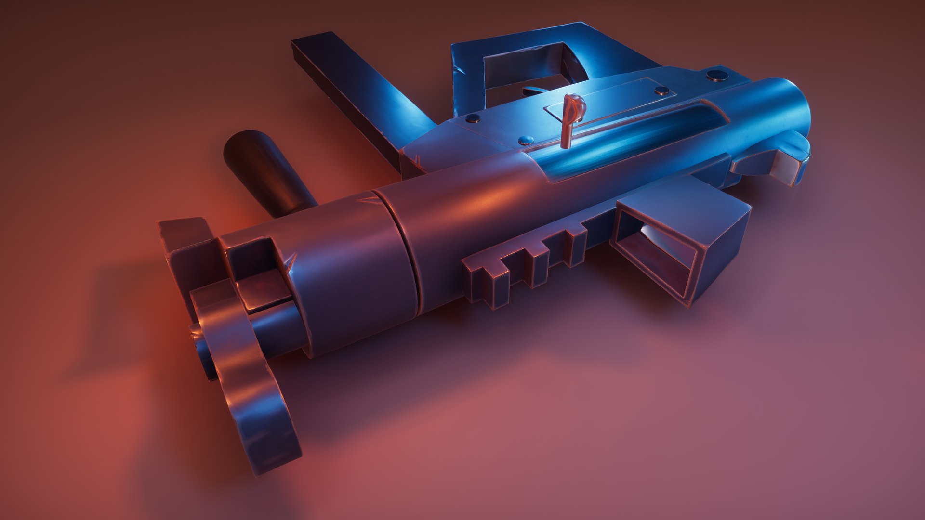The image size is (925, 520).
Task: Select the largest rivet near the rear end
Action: pyautogui.click(x=718, y=75)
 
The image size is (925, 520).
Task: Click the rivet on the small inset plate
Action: pyautogui.click(x=661, y=90)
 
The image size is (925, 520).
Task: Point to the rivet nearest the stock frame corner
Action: pyautogui.click(x=473, y=117)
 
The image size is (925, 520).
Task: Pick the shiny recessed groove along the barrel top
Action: pyautogui.click(x=626, y=140)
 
